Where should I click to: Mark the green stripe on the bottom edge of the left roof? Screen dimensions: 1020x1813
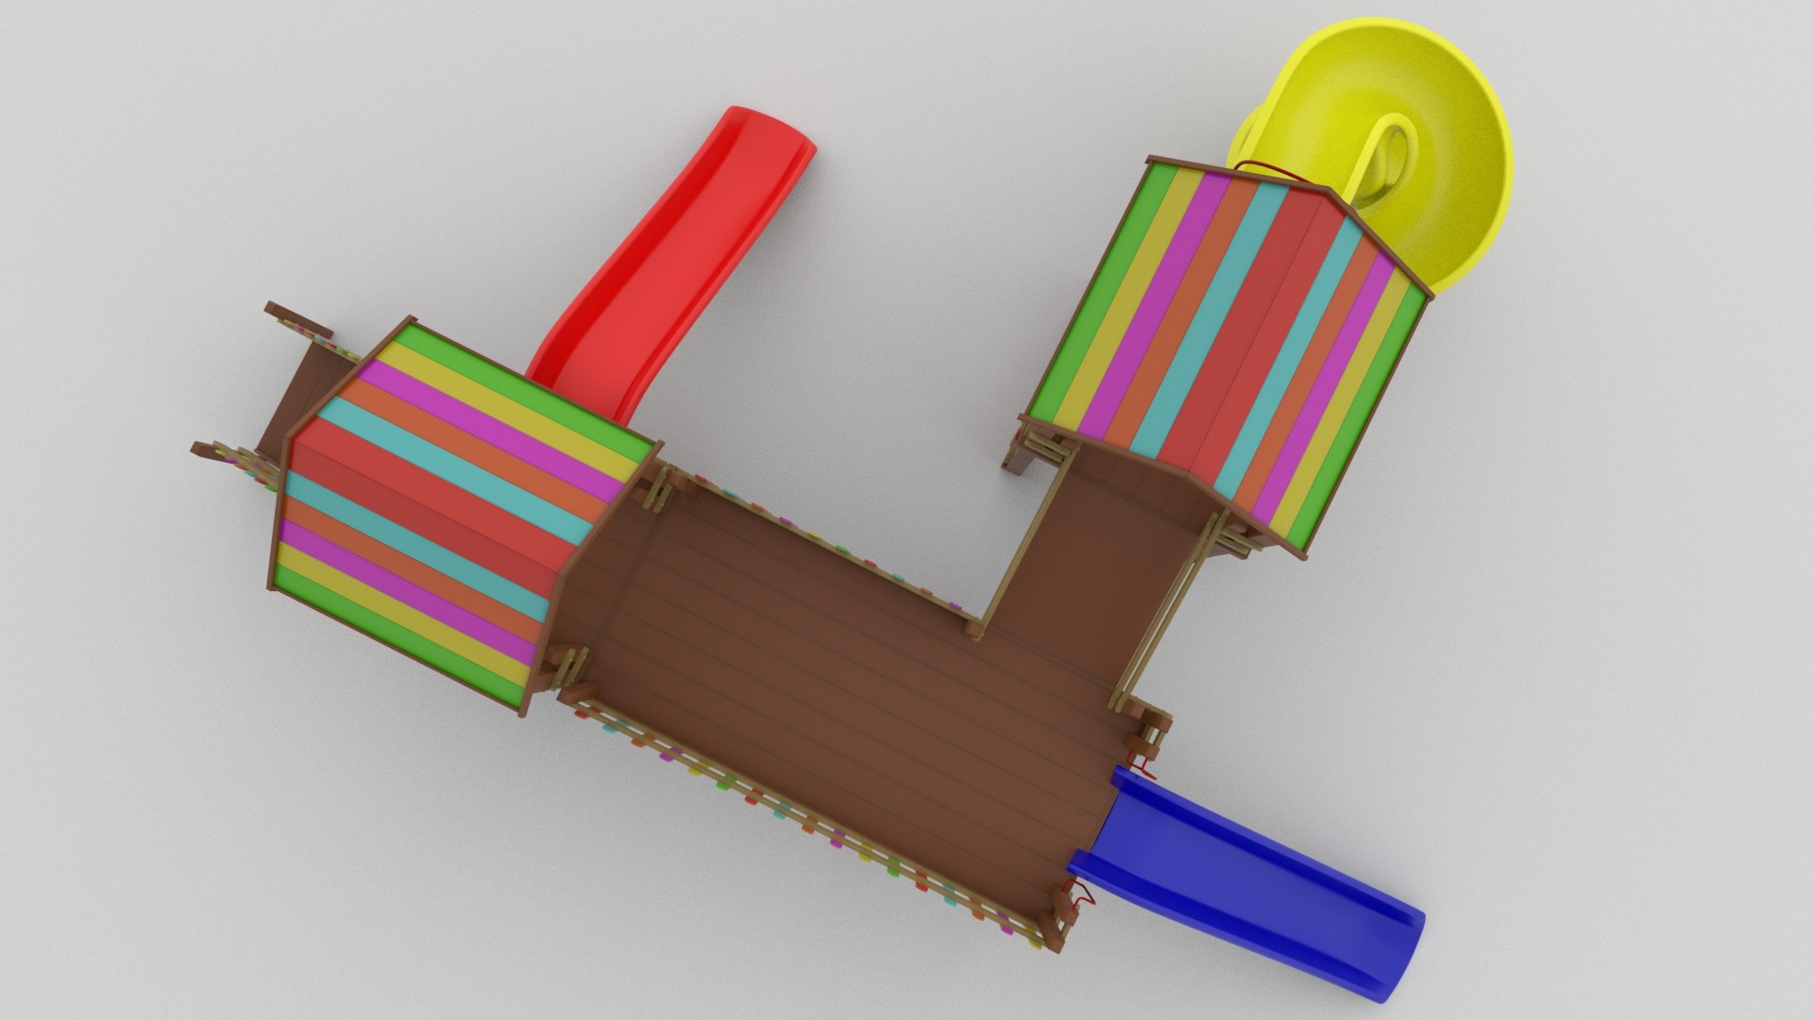(397, 652)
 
